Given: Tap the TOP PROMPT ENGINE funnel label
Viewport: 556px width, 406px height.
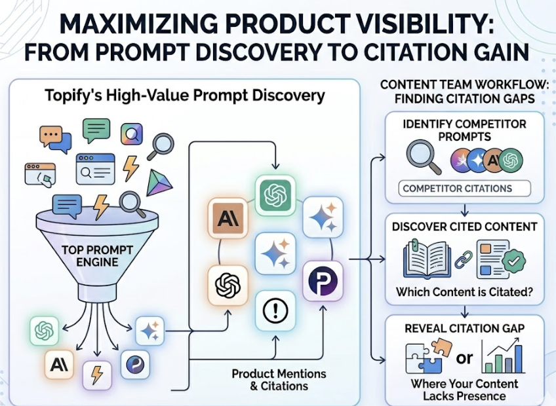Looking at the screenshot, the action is pos(97,256).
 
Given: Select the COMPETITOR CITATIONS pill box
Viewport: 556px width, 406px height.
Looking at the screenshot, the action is pos(464,189).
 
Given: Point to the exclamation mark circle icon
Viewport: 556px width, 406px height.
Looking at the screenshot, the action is pos(275,310).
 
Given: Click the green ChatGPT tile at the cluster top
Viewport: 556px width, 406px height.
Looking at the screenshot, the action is pos(275,195).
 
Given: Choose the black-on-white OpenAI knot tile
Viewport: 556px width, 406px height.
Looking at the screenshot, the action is pos(228,286).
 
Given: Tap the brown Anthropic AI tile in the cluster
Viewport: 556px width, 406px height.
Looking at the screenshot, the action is pos(228,218).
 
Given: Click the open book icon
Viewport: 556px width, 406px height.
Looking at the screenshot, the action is pos(427,259).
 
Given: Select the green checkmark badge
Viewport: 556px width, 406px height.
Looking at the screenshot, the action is pos(513,262).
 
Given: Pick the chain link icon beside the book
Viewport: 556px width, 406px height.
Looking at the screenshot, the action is pos(464,260).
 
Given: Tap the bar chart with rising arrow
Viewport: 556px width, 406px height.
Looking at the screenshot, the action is pos(504,356).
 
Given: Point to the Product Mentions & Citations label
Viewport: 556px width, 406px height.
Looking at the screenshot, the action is pos(279,379).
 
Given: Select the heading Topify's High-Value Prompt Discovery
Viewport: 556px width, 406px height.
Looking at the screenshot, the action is pos(185,96).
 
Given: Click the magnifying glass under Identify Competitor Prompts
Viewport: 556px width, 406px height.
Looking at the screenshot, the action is pos(424,157).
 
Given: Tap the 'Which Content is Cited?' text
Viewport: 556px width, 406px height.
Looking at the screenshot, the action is pos(464,292).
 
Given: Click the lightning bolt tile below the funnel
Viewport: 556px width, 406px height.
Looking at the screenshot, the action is pos(97,375).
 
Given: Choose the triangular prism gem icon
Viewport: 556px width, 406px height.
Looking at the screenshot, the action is pos(159,183).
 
